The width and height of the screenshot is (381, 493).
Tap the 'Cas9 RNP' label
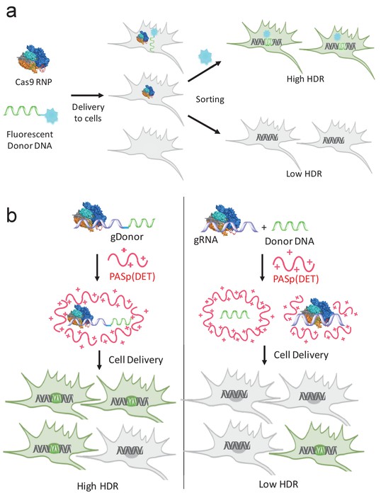tap(33, 82)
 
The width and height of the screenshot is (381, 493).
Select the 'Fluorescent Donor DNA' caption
tap(30, 140)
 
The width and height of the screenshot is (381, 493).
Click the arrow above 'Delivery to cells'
tap(87, 95)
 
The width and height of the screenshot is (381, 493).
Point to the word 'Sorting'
tap(210, 99)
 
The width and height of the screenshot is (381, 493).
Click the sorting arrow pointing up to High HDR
tap(205, 72)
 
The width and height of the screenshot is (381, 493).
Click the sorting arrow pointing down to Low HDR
tap(204, 125)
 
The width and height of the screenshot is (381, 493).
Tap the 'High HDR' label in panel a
tap(305, 79)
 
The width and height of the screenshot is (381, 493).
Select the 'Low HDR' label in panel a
tap(304, 174)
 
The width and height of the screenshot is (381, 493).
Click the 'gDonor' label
tap(127, 237)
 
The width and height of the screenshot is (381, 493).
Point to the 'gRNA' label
tap(205, 240)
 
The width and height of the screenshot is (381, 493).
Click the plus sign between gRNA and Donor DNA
tap(263, 227)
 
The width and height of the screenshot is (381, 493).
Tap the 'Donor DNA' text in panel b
tap(289, 241)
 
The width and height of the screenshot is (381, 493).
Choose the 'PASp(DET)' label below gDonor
tap(132, 276)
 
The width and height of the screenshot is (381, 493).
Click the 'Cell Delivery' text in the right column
tap(301, 355)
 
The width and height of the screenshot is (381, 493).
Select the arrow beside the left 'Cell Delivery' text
tap(99, 360)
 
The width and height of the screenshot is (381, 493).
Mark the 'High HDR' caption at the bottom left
tap(98, 486)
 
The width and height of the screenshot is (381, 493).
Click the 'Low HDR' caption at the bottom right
tap(278, 484)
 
